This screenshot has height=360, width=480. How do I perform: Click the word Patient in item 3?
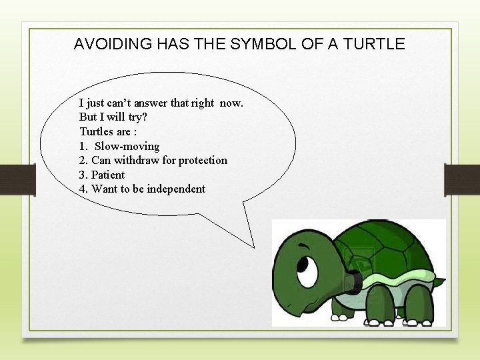pyautogui.click(x=108, y=175)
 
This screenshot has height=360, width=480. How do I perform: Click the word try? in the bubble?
pyautogui.click(x=135, y=117)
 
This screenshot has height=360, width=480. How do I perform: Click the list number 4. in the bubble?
pyautogui.click(x=84, y=189)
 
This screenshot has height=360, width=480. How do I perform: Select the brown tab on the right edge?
pyautogui.click(x=461, y=179)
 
